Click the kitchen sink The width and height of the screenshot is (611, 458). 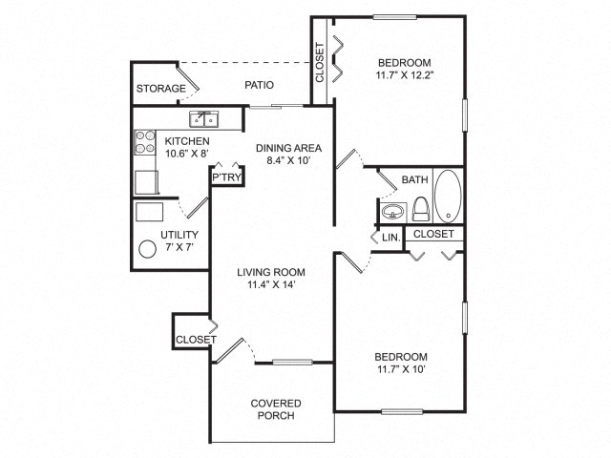(203, 119)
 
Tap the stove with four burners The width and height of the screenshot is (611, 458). (145, 142)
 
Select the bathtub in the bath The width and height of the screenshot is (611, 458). (448, 196)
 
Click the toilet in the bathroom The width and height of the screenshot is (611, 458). (420, 210)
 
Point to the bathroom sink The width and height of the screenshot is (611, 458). (392, 213)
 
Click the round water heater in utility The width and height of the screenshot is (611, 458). (148, 249)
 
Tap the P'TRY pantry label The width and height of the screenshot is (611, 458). (226, 177)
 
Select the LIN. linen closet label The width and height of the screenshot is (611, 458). (390, 238)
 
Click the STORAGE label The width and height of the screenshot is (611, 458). (161, 89)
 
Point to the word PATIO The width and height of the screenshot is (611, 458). (259, 85)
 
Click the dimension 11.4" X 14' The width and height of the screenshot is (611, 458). (271, 284)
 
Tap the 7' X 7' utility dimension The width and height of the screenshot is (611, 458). (179, 247)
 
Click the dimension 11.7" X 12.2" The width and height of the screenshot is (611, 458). (405, 75)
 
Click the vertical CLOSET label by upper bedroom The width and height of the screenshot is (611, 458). (320, 62)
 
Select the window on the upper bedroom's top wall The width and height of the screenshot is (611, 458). (394, 17)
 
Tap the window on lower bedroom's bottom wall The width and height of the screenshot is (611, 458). (402, 411)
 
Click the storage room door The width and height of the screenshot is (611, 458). (188, 78)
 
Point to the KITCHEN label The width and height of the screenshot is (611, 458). (187, 141)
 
